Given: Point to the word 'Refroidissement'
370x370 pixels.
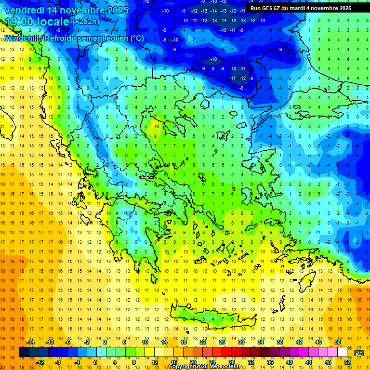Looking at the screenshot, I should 78,38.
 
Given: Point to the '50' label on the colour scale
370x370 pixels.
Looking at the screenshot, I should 337,342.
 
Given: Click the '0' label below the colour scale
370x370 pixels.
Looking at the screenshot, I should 95,362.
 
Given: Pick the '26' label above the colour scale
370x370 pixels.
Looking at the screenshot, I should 222,342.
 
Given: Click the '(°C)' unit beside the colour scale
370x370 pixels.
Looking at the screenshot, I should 359,352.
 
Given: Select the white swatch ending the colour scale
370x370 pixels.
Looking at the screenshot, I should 342,352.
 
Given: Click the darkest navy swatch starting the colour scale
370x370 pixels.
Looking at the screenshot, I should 24,352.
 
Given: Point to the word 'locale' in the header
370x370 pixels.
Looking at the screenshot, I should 54,22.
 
